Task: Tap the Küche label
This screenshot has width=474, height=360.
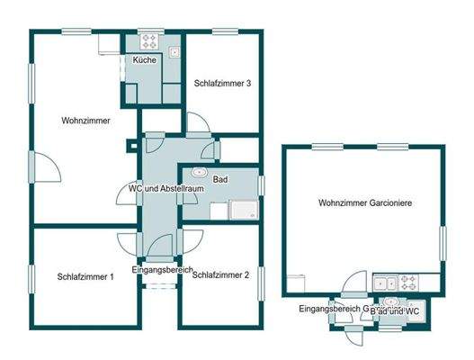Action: [144, 59]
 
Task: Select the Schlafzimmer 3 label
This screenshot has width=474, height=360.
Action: [221, 84]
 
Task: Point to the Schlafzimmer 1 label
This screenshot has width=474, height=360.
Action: [85, 276]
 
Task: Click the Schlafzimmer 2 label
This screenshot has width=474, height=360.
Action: [220, 275]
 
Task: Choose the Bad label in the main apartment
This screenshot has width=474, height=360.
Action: [220, 180]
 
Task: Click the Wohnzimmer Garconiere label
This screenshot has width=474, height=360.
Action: [365, 203]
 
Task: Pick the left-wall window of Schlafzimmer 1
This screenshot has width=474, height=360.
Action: [31, 278]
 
